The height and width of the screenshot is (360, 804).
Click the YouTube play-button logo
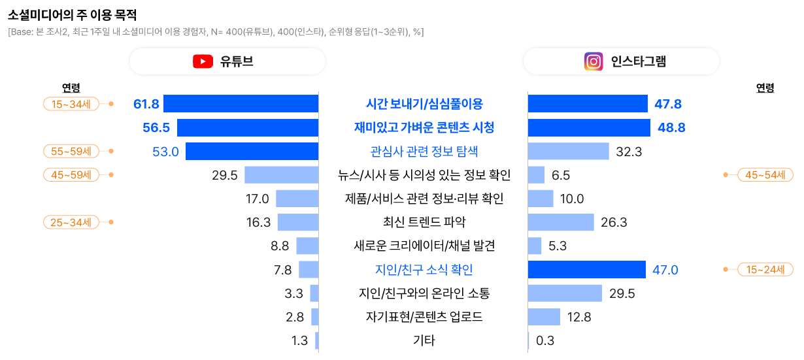coord(203,61)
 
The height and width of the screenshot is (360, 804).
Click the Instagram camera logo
coord(593,61)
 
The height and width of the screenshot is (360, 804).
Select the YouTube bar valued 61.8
coord(241,104)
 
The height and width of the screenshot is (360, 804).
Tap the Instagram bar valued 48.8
coord(588,127)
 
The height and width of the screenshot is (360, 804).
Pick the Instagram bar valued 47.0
coord(586,270)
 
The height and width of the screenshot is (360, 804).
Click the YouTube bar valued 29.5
coord(281,175)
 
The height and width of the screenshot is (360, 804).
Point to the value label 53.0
coord(165,152)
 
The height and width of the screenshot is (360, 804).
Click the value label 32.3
coord(629,152)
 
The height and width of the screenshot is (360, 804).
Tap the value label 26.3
coord(614,223)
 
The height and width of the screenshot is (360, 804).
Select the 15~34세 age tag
coord(71,104)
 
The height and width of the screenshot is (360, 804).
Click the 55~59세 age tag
coord(71,152)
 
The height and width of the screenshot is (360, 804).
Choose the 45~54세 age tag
coord(765,175)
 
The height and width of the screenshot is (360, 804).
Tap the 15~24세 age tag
coord(765,270)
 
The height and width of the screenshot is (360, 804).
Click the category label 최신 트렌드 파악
coord(424,223)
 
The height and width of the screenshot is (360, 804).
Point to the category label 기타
coord(424,340)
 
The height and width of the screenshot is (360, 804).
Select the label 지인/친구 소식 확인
coord(424,270)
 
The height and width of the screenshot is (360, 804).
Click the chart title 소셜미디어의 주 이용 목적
coord(72,14)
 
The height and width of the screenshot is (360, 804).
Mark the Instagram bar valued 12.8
coord(544,317)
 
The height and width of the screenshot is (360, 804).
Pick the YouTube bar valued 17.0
coord(297,199)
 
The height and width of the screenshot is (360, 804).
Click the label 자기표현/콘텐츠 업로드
coord(424,317)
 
